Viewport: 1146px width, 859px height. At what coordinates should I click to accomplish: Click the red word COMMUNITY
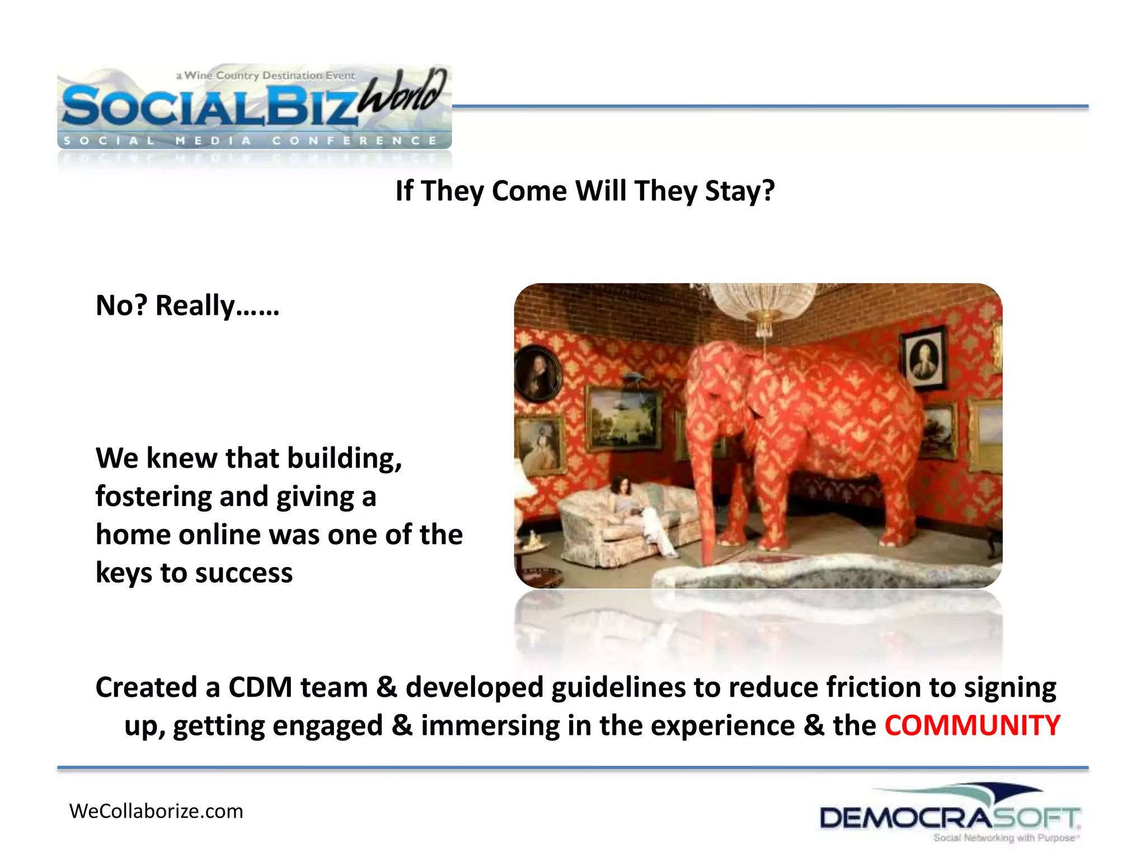pos(972,725)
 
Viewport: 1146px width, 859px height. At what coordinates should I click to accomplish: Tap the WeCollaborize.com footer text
pos(156,811)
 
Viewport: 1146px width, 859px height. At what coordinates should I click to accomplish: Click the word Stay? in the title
pos(740,191)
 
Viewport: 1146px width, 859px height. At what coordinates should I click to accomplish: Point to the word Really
pos(195,306)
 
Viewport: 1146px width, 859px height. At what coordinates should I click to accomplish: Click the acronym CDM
pos(260,687)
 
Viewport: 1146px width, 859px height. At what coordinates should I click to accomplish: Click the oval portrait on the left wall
pos(537,372)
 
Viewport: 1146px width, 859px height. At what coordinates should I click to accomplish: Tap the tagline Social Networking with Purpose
pos(1005,838)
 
